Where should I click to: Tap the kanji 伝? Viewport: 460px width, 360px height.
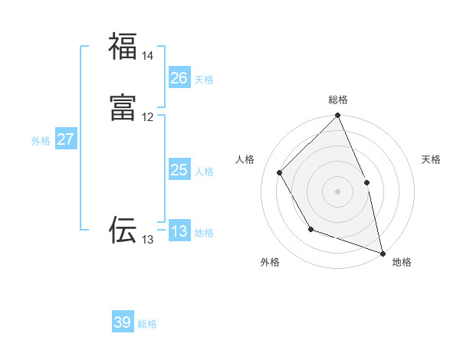[123, 230]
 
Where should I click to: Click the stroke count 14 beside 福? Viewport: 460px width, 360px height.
[147, 56]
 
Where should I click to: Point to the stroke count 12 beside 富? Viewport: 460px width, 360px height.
[147, 117]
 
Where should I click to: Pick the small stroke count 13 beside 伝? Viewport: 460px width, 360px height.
[147, 240]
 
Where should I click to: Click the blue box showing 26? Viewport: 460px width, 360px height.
[179, 78]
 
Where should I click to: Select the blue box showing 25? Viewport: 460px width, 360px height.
[179, 170]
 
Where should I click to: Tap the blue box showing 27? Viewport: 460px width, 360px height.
[65, 139]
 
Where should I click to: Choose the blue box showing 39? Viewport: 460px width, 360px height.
[123, 322]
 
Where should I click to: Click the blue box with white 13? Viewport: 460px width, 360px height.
[179, 231]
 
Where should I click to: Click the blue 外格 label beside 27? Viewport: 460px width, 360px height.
[41, 141]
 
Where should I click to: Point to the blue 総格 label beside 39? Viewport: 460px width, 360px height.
[147, 324]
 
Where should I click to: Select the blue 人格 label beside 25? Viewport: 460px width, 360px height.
[204, 172]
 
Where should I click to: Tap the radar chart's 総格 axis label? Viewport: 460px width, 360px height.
[338, 100]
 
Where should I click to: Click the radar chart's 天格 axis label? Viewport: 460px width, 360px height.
[431, 159]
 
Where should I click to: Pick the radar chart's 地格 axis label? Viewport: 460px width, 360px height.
[402, 262]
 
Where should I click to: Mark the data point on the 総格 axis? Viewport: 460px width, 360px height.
[338, 116]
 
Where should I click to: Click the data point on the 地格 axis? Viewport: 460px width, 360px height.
[383, 254]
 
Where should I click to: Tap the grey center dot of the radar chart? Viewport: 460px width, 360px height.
[338, 191]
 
